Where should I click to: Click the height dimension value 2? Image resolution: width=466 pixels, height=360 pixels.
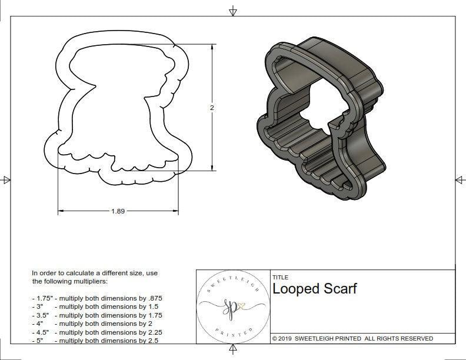pyautogui.click(x=212, y=108)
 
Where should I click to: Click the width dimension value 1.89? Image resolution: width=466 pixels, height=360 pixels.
pyautogui.click(x=118, y=211)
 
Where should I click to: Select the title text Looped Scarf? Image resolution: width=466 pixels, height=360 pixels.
pyautogui.click(x=314, y=289)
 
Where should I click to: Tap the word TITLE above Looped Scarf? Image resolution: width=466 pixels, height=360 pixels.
pyautogui.click(x=280, y=278)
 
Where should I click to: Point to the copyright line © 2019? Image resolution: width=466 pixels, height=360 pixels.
pyautogui.click(x=352, y=338)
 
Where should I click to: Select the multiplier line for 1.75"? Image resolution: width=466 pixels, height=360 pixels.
pyautogui.click(x=97, y=298)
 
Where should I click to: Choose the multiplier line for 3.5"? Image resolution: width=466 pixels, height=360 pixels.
pyautogui.click(x=97, y=315)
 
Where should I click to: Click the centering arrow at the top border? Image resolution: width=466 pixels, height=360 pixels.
pyautogui.click(x=233, y=11)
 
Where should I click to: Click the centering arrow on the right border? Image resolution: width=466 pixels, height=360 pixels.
pyautogui.click(x=460, y=179)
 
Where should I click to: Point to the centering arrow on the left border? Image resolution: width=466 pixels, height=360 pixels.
pyautogui.click(x=6, y=179)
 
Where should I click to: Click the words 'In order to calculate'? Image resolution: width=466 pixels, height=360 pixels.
pyautogui.click(x=61, y=273)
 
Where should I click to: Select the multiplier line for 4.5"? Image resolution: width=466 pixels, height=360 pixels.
pyautogui.click(x=97, y=332)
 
